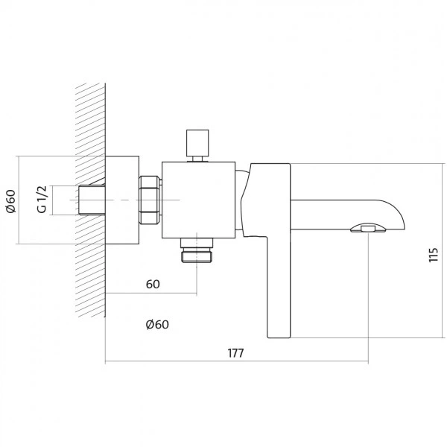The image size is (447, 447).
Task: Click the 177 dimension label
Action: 235,353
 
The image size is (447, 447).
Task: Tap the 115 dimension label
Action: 434,255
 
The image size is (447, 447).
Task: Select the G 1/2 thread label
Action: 42,199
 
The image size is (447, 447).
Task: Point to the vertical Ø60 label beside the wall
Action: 11,201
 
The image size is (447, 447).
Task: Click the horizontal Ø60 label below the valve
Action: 157,324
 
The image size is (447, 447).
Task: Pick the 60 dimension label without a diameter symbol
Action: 153,285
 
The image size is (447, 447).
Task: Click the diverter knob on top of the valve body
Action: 197,145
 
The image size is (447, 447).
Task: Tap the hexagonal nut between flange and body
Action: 149,200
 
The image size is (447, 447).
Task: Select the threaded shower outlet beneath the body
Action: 197,250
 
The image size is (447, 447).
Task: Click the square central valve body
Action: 198,200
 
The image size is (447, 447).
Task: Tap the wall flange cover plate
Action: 122,200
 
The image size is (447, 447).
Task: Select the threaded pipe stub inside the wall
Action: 92,200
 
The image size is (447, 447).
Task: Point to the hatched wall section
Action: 91,200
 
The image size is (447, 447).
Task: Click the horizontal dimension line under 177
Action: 237,361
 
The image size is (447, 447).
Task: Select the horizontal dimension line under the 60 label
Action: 151,293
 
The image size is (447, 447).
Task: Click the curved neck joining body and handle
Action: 241,200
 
